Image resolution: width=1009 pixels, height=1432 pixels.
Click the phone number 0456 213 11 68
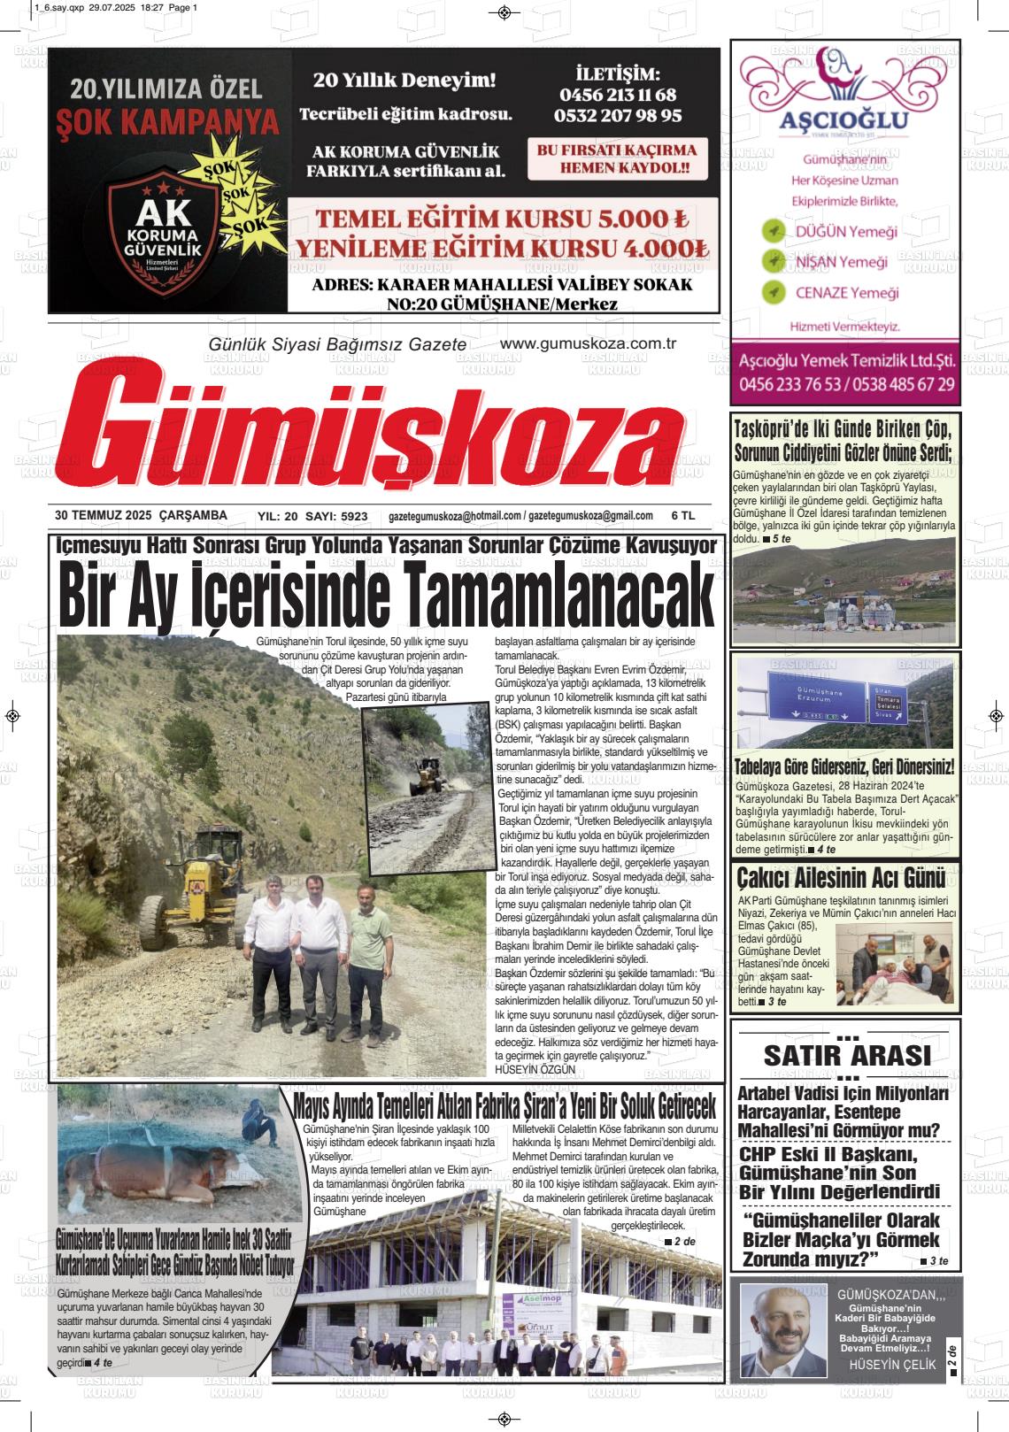tap(617, 95)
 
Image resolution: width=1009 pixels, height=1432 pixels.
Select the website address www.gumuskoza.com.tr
tap(588, 344)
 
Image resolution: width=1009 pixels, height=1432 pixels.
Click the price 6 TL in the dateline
tap(683, 515)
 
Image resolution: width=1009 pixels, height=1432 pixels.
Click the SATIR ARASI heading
tap(846, 1055)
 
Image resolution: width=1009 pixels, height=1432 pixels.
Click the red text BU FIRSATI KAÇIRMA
tap(616, 150)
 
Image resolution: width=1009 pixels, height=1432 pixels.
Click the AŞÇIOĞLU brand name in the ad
tap(843, 120)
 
